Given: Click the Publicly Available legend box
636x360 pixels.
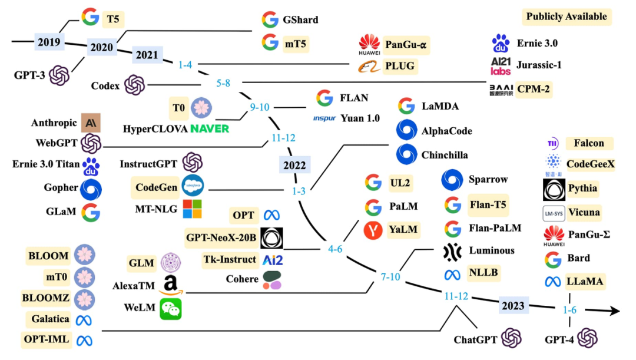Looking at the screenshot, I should pyautogui.click(x=567, y=16).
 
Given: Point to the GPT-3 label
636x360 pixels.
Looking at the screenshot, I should pyautogui.click(x=29, y=75).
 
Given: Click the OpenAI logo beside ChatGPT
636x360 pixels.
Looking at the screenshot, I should pyautogui.click(x=511, y=339).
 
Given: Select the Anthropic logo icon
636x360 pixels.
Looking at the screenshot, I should pyautogui.click(x=91, y=123).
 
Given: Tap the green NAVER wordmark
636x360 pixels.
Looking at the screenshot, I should pyautogui.click(x=210, y=128).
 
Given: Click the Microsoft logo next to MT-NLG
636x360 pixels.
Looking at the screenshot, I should pyautogui.click(x=192, y=209).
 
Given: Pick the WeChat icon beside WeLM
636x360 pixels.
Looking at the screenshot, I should pyautogui.click(x=171, y=309).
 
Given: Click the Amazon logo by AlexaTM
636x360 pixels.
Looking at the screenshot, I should pyautogui.click(x=171, y=285).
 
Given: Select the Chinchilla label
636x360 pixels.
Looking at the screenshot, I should pyautogui.click(x=445, y=155).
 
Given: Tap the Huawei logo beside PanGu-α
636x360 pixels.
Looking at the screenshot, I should pyautogui.click(x=370, y=44).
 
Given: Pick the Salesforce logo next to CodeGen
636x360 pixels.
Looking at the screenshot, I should pyautogui.click(x=192, y=186).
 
